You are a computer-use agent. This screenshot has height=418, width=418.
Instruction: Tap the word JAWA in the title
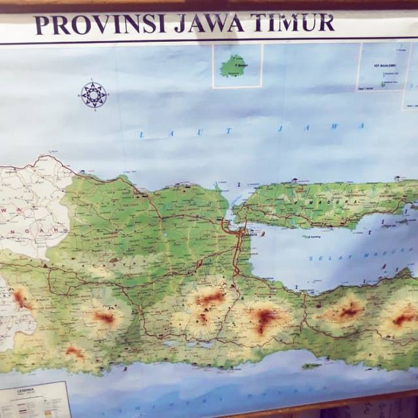(210, 24)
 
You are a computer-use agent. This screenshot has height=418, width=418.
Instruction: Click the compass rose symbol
(93, 95)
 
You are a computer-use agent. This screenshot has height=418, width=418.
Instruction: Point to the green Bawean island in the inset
(233, 66)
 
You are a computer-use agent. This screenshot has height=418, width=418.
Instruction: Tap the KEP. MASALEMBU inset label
(381, 65)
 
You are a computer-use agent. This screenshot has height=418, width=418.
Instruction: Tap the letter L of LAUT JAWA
(140, 135)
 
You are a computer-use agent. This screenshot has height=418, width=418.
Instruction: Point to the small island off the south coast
(312, 366)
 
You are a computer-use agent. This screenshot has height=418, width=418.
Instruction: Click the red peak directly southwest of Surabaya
(211, 298)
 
